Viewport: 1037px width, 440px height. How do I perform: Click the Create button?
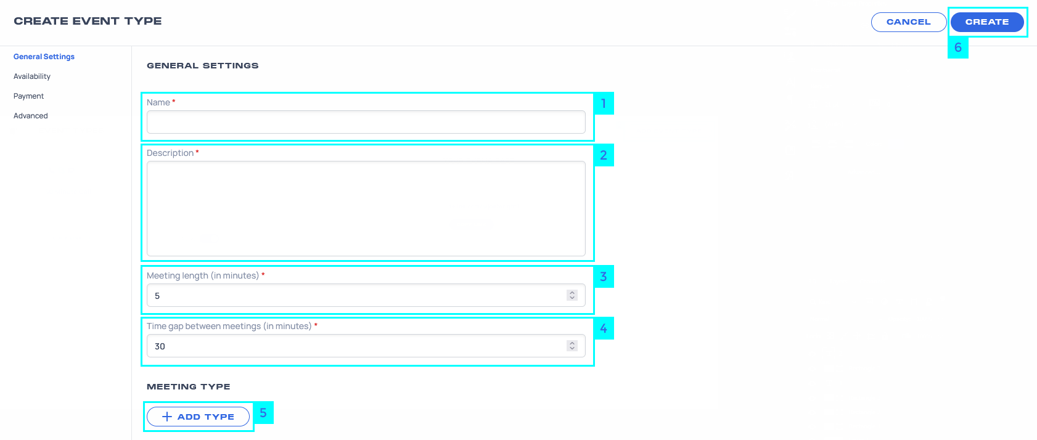pyautogui.click(x=987, y=22)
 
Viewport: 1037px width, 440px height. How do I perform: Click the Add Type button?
pyautogui.click(x=198, y=417)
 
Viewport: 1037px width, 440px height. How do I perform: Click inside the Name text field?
pyautogui.click(x=366, y=122)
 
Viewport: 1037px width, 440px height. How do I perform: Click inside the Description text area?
pyautogui.click(x=366, y=209)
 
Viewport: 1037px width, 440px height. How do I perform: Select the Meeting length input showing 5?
pyautogui.click(x=356, y=295)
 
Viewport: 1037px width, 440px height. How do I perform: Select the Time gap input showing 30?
pyautogui.click(x=356, y=346)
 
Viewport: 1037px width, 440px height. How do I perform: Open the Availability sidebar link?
pyautogui.click(x=32, y=76)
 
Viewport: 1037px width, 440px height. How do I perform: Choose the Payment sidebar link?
pyautogui.click(x=29, y=96)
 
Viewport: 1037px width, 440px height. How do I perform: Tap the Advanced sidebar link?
pyautogui.click(x=31, y=116)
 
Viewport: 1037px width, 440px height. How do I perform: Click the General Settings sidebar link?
pyautogui.click(x=44, y=57)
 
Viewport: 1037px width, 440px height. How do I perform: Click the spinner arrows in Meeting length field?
pyautogui.click(x=572, y=295)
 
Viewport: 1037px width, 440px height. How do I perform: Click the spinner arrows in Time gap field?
pyautogui.click(x=572, y=346)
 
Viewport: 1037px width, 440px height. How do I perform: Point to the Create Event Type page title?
pyautogui.click(x=88, y=22)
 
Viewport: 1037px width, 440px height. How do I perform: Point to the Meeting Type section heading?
pyautogui.click(x=189, y=387)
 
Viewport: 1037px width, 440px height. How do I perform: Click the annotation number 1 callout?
pyautogui.click(x=604, y=104)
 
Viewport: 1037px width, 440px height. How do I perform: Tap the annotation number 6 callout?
pyautogui.click(x=958, y=47)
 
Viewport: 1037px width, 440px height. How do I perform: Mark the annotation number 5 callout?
pyautogui.click(x=263, y=413)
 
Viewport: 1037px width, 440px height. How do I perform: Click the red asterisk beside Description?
pyautogui.click(x=197, y=152)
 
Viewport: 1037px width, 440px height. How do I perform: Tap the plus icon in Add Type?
pyautogui.click(x=166, y=417)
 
